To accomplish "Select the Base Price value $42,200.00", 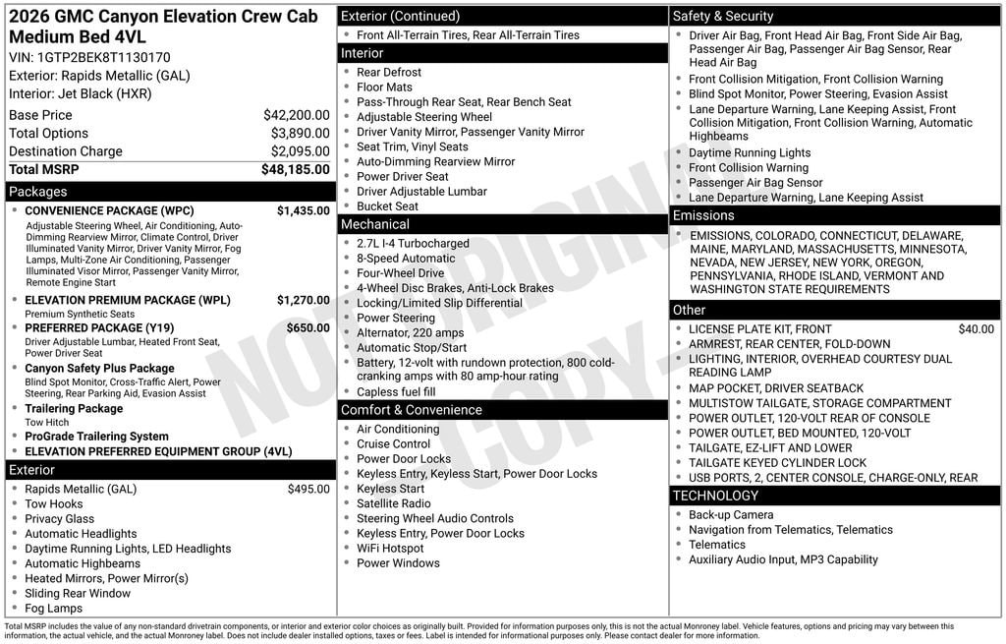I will pos(296,115).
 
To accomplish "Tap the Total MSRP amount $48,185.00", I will pos(295,169).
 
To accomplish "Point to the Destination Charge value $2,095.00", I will pos(300,151).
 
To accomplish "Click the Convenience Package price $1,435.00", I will pos(303,210).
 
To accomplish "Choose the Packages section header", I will pos(38,192).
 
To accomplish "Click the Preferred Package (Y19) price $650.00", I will pos(307,327).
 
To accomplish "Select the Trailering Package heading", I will pos(74,408).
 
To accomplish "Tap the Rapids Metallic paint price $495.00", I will pos(307,489).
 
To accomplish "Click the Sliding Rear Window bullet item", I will pos(78,593).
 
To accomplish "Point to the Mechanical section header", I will pos(375,224).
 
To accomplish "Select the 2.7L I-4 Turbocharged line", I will pos(413,244).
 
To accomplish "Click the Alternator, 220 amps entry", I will pos(410,333).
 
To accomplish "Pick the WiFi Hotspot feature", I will pos(390,549).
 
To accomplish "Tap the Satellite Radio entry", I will pos(393,503).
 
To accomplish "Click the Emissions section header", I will pos(703,215).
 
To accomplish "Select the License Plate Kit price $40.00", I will pos(976,329).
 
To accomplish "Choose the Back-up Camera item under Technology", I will pos(730,515).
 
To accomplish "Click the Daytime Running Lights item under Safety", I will pos(750,152).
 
